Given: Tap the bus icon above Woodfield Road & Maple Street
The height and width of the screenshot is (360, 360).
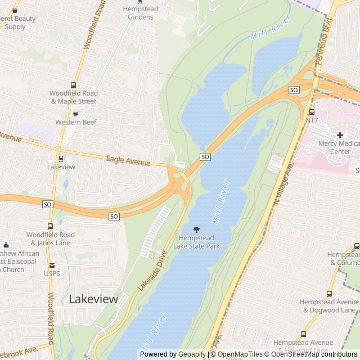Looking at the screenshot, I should click(x=73, y=84).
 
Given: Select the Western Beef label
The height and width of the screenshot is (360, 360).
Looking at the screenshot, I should click(x=76, y=122).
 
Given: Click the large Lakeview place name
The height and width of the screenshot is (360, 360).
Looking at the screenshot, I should click(x=93, y=299).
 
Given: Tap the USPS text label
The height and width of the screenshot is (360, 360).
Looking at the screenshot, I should click(x=52, y=274).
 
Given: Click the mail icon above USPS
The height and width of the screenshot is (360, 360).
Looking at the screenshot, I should click(x=52, y=265).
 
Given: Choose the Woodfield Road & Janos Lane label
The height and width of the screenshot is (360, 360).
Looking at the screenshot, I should click(x=51, y=238).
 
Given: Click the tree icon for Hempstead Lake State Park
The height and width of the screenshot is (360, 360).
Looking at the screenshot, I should click(x=196, y=229).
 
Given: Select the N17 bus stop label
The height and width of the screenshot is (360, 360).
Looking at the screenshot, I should click(x=312, y=120).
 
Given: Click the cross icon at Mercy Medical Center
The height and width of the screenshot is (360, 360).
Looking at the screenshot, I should click(x=340, y=135).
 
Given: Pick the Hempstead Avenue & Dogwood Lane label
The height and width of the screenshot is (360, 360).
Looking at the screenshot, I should click(x=329, y=306).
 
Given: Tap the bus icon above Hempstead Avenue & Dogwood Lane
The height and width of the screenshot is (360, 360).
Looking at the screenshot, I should click(x=329, y=294).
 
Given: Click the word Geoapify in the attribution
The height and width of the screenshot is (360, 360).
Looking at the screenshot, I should click(x=192, y=354).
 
